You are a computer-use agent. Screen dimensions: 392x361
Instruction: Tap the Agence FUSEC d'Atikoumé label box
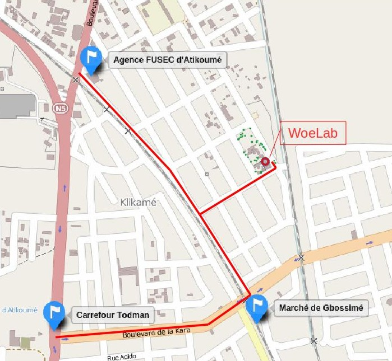point(168,60)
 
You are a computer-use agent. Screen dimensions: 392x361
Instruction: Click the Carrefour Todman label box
point(113,315)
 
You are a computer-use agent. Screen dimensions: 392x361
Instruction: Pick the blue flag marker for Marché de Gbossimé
point(257,306)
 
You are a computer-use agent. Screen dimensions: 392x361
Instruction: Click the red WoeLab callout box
point(313,133)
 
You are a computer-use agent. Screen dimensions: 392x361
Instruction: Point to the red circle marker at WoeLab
point(265,162)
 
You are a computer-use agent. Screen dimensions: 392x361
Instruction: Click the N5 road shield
point(60,107)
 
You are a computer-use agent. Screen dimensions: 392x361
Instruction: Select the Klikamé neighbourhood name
point(139,202)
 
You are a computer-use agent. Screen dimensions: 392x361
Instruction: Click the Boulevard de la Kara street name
point(156,332)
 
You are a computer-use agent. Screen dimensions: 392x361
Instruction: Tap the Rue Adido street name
point(121,357)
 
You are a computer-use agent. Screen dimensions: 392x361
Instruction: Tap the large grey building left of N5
point(17,105)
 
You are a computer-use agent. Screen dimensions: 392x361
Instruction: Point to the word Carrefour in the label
point(95,315)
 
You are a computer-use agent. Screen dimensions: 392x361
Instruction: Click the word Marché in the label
point(292,308)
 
